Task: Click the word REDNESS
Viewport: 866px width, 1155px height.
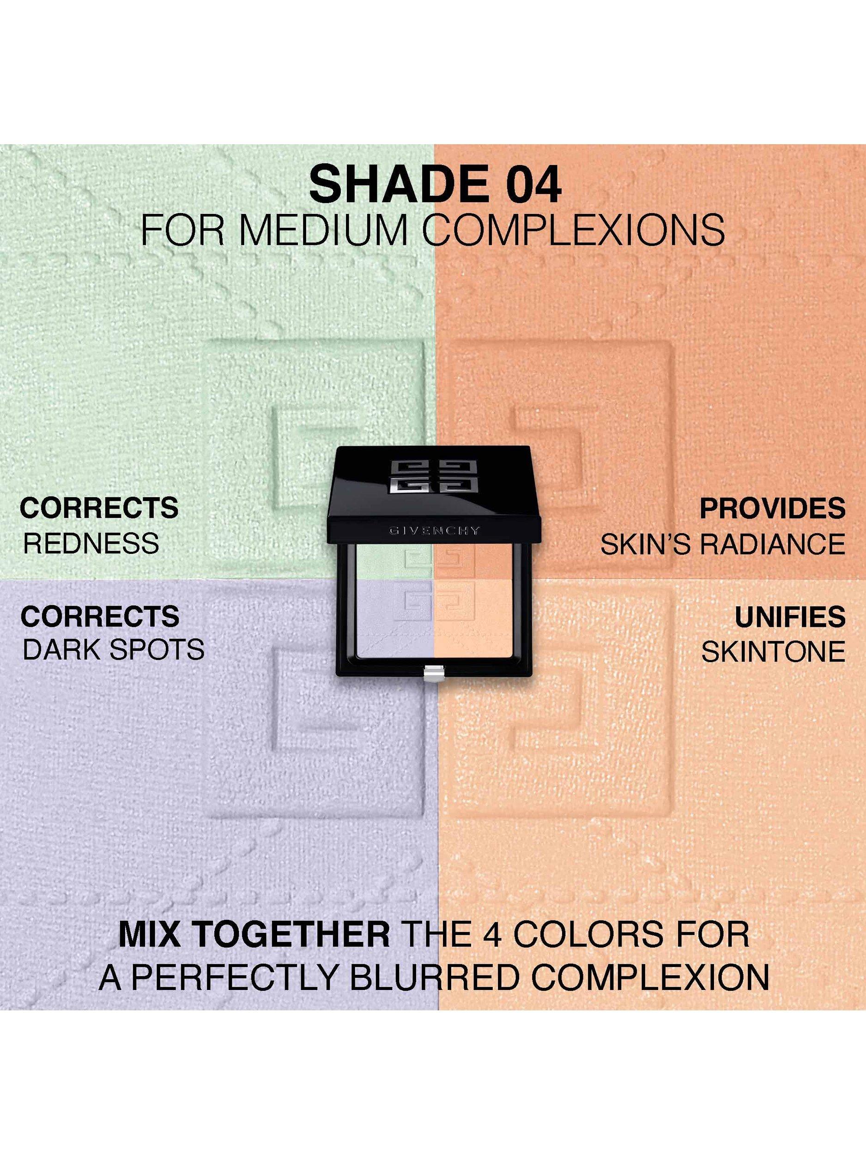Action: (91, 544)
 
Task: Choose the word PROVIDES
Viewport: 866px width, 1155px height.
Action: (772, 509)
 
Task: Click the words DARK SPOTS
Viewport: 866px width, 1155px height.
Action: (114, 650)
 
